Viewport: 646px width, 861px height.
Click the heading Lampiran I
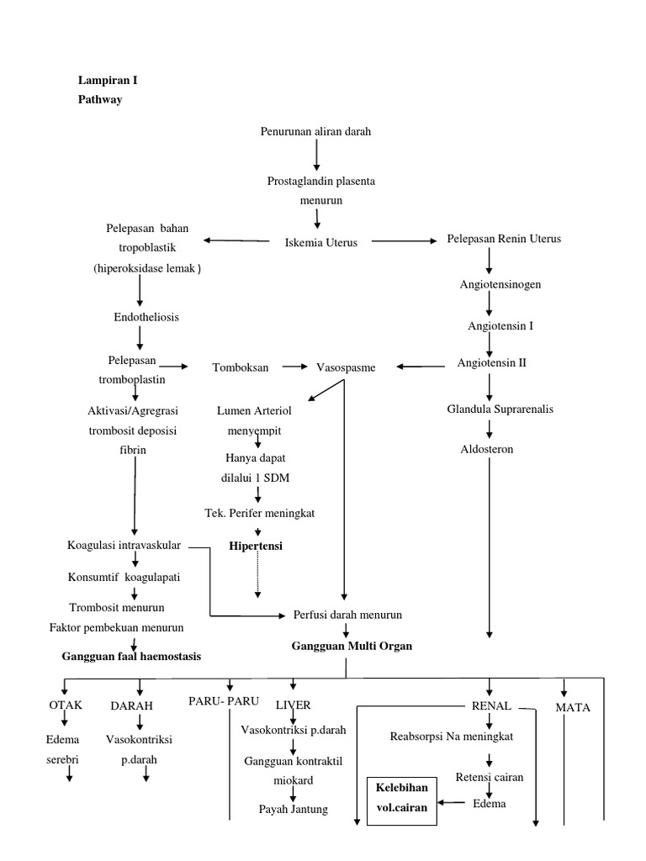coord(108,81)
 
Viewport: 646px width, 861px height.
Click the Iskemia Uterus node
coord(321,242)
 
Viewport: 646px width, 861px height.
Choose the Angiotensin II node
coord(491,363)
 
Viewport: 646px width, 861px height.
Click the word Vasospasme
coord(346,367)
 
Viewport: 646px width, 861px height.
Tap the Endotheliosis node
coord(146,317)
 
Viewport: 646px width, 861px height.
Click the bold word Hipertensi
coord(256,546)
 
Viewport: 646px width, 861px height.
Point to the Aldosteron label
coord(487,449)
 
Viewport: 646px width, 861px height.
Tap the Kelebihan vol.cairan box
coord(401,799)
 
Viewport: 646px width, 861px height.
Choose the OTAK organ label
coord(66,705)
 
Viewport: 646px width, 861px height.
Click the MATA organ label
coord(573,707)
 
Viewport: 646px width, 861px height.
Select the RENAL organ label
coord(492,705)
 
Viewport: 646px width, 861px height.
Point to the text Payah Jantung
coord(293,809)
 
